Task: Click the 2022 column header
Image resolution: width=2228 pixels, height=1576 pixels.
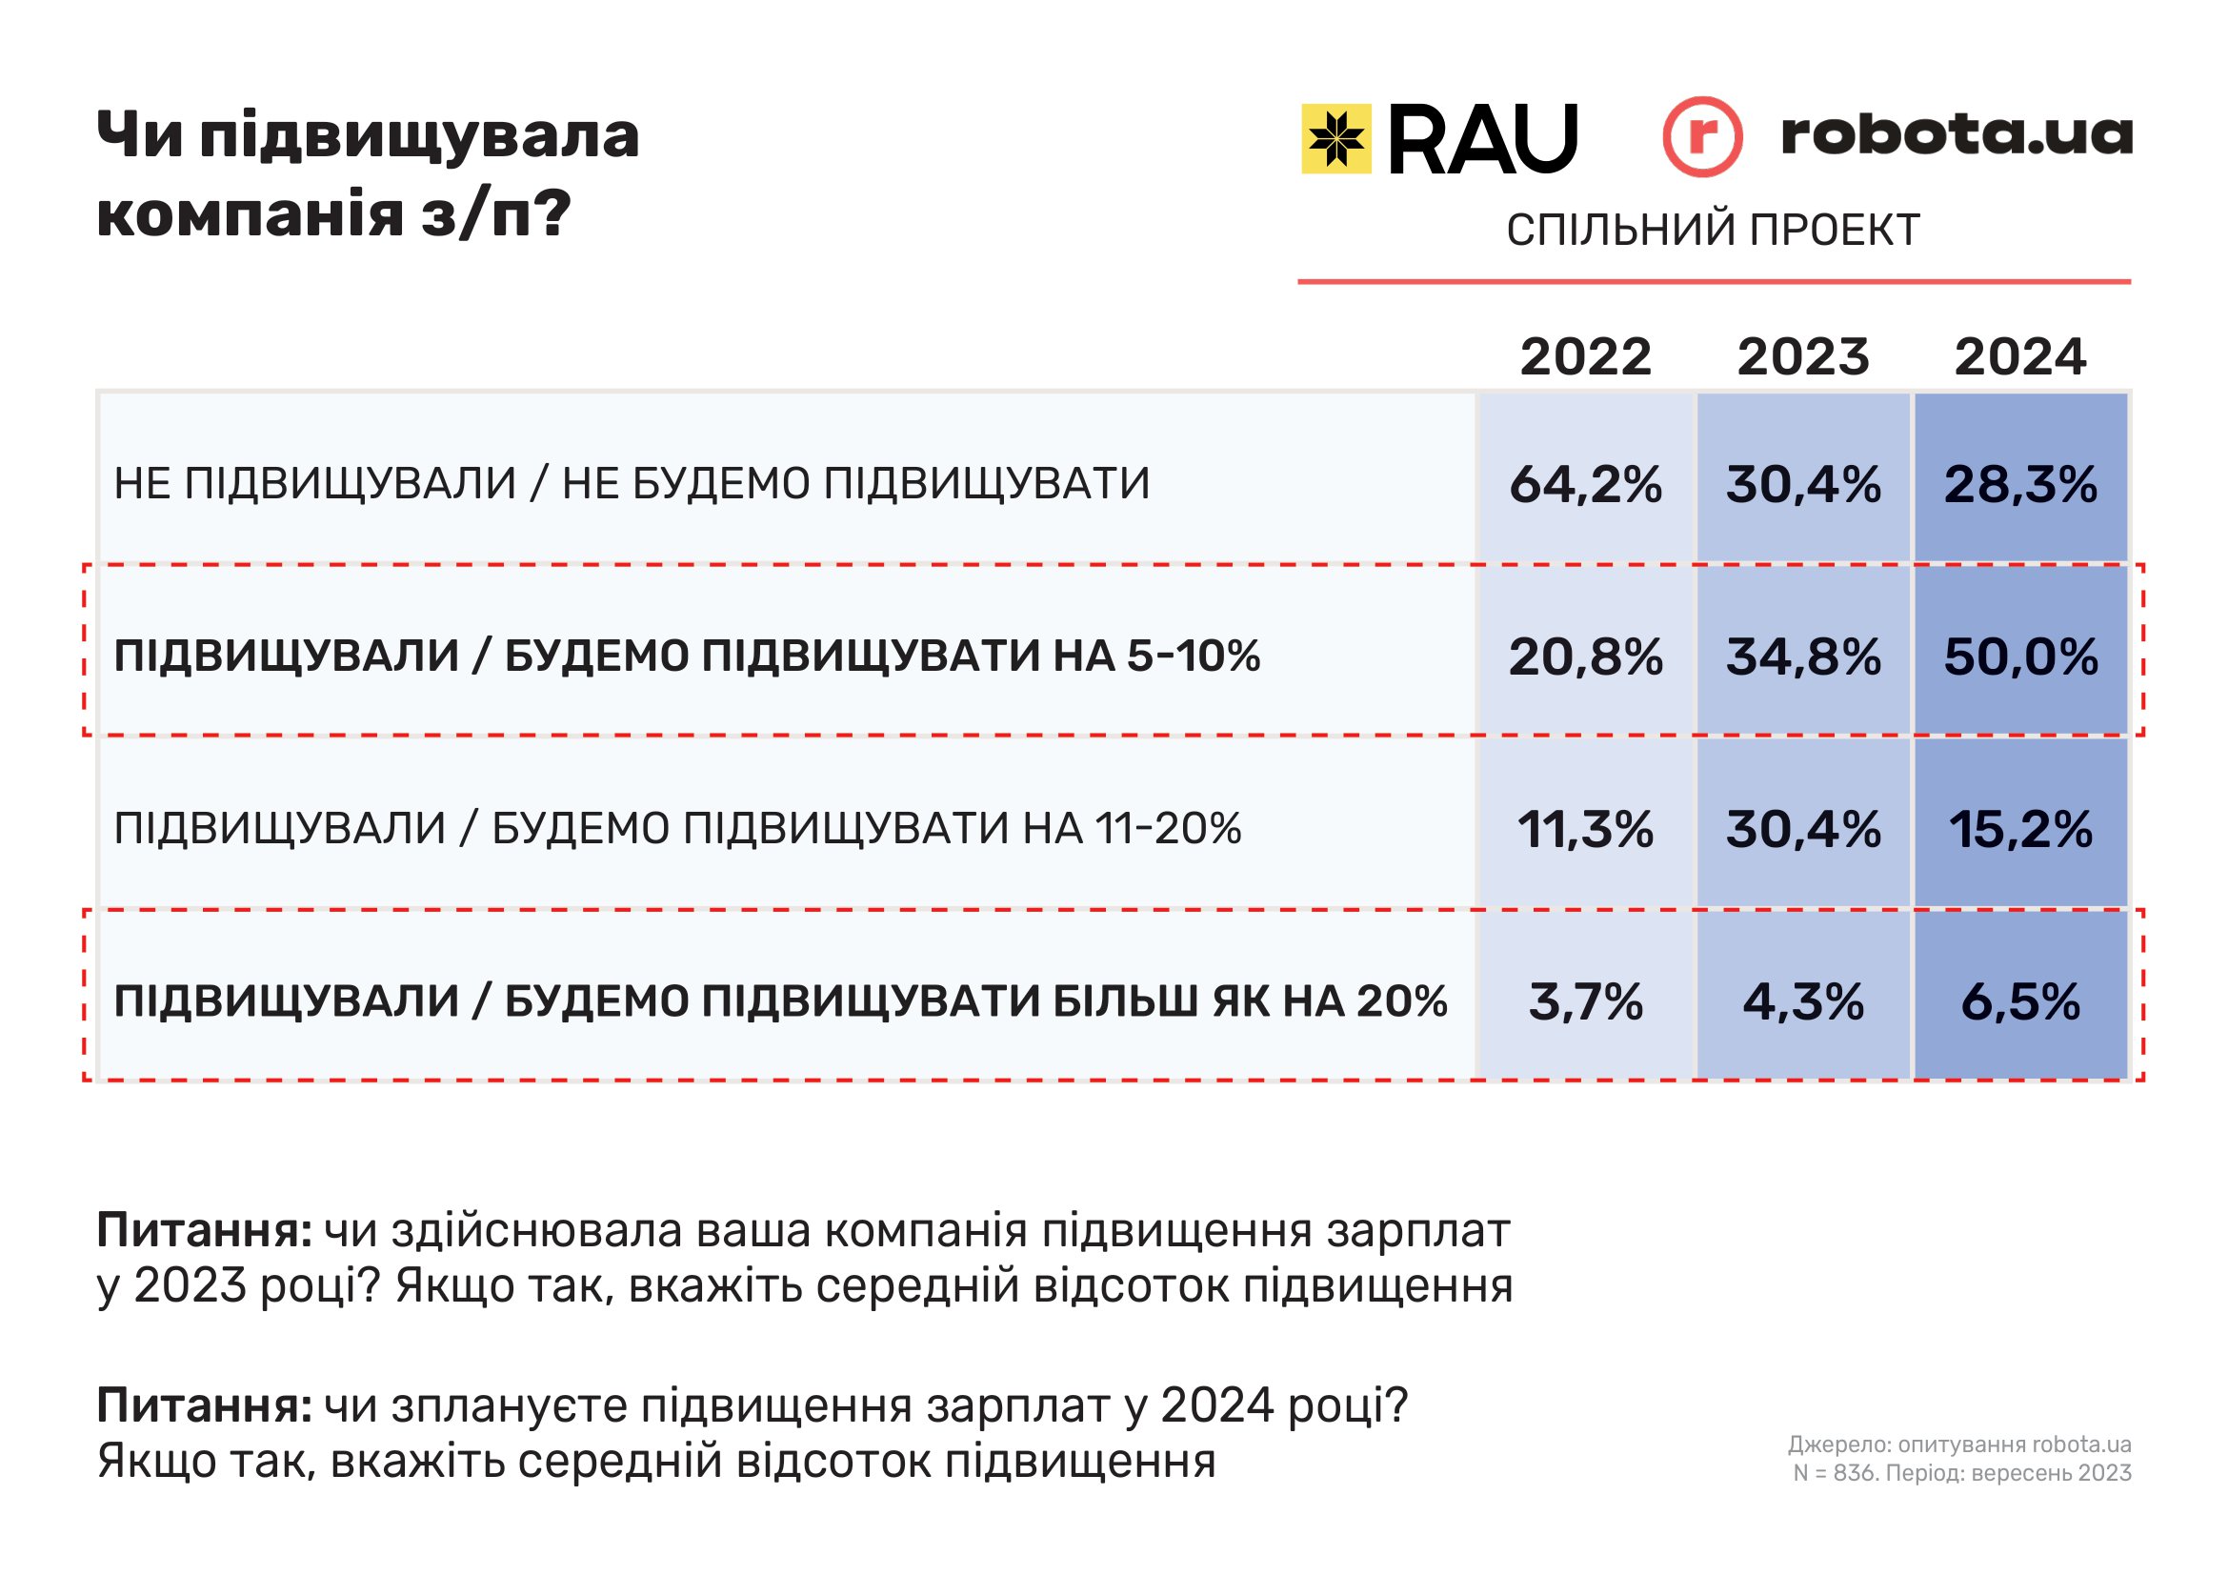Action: coord(1585,356)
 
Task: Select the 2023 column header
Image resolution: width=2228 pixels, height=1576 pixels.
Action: coord(1803,356)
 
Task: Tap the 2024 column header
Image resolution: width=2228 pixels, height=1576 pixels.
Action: coord(2020,356)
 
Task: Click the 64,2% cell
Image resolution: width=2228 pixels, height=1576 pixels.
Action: coord(1585,483)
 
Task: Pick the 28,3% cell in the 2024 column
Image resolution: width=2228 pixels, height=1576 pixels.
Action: coord(2020,483)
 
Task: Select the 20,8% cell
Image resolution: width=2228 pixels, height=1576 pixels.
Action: coord(1585,656)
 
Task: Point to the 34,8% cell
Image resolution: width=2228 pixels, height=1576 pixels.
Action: coord(1803,656)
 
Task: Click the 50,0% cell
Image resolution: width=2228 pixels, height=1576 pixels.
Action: coord(2020,656)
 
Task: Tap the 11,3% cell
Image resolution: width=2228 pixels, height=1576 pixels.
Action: coord(1585,829)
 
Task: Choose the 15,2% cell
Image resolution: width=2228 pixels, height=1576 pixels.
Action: coord(2020,829)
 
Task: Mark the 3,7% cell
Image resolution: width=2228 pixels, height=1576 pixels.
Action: coord(1585,1001)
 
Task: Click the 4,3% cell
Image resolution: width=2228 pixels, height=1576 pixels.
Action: coord(1803,1001)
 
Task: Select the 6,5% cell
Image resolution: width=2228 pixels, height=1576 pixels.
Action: coord(2020,1001)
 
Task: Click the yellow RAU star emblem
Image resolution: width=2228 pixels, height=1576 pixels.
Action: coord(1336,139)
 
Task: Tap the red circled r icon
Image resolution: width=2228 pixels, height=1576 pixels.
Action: coord(1702,137)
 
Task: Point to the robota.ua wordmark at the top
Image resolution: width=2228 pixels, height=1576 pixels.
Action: coord(1957,134)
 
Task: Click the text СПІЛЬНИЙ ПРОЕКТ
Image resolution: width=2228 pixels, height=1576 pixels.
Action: coord(1713,230)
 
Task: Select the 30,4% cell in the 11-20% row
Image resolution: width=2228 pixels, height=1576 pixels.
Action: coord(1803,829)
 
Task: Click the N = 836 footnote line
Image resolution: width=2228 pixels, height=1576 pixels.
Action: coord(1961,1472)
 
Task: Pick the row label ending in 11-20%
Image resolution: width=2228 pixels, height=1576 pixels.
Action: coord(677,829)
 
